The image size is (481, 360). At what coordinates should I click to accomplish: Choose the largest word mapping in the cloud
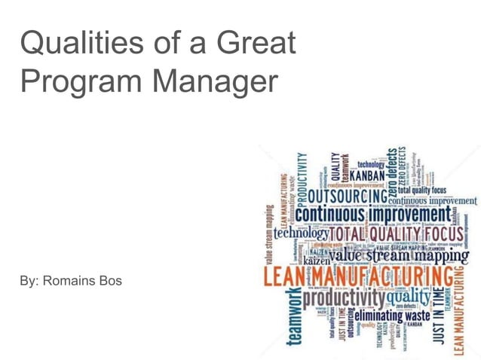[x=438, y=256]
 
